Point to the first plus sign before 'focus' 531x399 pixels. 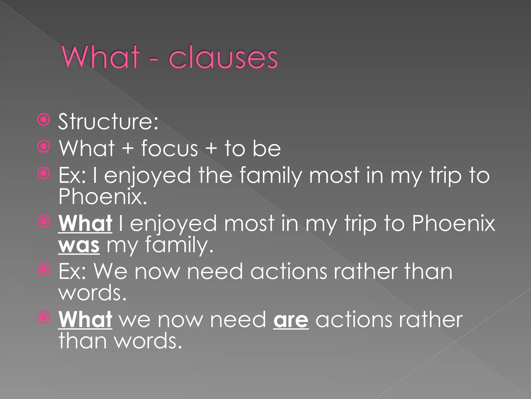pyautogui.click(x=128, y=149)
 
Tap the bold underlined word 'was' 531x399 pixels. pyautogui.click(x=79, y=245)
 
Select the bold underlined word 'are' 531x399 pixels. pyautogui.click(x=291, y=320)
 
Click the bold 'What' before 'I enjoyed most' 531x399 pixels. pyautogui.click(x=85, y=223)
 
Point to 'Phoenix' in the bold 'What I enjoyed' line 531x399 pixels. pyautogui.click(x=453, y=223)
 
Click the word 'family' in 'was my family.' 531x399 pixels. pyautogui.click(x=179, y=245)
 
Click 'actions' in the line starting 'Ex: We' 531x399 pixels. pyautogui.click(x=289, y=272)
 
